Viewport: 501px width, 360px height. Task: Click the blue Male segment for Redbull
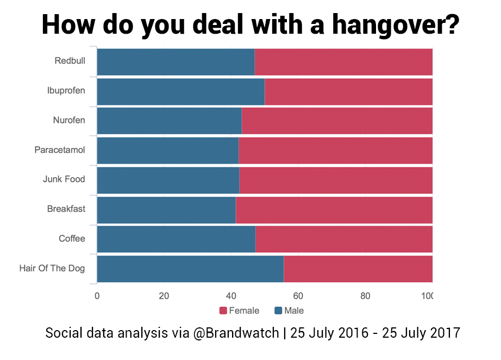click(176, 62)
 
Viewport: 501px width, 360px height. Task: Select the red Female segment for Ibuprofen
click(348, 91)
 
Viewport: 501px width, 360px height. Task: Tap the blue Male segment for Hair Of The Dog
click(190, 269)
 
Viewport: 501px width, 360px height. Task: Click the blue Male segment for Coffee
click(176, 239)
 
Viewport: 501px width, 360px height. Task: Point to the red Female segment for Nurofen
click(337, 121)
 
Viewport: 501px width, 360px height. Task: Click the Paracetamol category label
click(60, 150)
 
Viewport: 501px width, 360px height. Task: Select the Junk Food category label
click(64, 179)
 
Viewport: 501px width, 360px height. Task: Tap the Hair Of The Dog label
click(52, 268)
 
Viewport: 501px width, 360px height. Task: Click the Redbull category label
click(70, 60)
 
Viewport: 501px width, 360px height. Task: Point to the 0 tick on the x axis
click(97, 296)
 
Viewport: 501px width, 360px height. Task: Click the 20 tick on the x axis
click(164, 296)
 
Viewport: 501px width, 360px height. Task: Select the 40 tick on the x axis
click(231, 296)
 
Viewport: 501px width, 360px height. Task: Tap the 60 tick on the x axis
click(298, 296)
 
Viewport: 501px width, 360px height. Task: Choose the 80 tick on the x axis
click(365, 296)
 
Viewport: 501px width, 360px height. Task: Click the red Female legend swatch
click(223, 311)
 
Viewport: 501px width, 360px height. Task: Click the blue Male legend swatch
click(278, 311)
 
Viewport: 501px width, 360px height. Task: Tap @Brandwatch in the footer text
click(237, 333)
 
